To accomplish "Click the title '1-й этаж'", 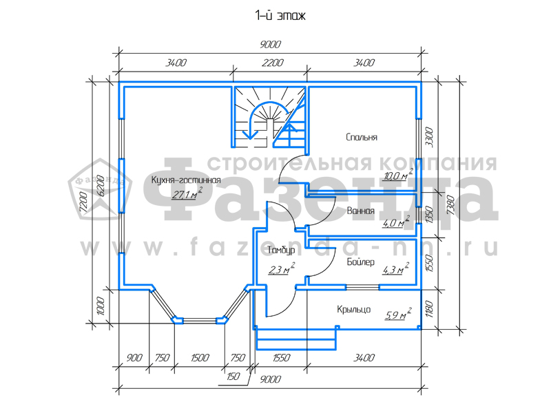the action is (280, 16).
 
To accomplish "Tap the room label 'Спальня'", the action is (362, 137).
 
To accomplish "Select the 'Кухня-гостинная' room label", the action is (186, 180).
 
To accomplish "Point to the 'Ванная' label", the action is (360, 211).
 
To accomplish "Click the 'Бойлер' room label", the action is (360, 262).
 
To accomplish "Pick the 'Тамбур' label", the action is (281, 250).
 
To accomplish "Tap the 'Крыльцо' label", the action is (353, 309).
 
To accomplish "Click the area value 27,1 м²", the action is (187, 193).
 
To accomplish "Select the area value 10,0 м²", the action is (398, 175).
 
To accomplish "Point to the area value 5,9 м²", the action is (398, 315).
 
